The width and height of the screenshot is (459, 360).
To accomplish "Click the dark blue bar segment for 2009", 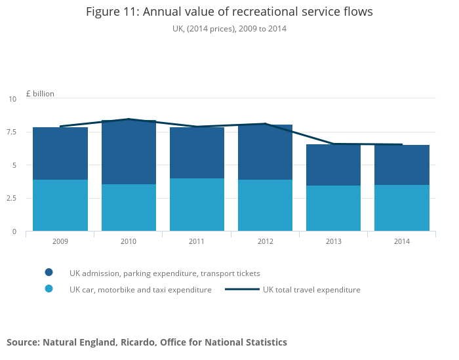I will click(60, 153).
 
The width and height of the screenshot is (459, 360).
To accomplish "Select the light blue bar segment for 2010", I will click(129, 207).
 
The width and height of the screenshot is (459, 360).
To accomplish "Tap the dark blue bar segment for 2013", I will click(333, 165).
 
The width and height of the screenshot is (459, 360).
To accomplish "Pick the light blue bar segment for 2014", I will click(401, 208).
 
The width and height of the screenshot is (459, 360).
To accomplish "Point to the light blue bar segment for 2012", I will click(265, 205).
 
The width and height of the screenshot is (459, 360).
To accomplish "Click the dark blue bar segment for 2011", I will click(197, 153).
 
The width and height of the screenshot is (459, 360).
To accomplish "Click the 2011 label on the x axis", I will click(197, 241).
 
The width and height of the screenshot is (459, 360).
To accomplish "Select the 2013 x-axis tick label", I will click(333, 241).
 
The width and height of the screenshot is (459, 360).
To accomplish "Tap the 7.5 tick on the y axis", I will click(12, 132).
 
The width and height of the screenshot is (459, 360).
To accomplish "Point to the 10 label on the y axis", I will click(12, 99).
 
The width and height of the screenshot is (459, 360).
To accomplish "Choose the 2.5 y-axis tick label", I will click(12, 199).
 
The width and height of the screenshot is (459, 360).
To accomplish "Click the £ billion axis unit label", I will click(40, 94).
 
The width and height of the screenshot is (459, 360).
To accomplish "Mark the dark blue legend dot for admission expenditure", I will click(49, 273).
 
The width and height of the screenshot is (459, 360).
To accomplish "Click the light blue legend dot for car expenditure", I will click(49, 289).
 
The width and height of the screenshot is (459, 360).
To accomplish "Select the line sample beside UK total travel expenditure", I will click(242, 289).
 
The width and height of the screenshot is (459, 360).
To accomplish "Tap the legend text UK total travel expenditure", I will click(311, 289).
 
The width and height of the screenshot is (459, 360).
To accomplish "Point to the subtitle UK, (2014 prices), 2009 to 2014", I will click(229, 29).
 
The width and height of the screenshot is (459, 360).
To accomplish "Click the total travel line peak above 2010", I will click(129, 119).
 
